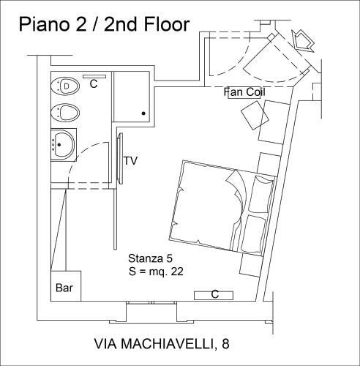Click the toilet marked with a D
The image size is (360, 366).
(65, 86)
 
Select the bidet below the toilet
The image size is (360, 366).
(65, 113)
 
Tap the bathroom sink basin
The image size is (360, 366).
(63, 144)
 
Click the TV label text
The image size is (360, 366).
(131, 161)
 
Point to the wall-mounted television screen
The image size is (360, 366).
(120, 158)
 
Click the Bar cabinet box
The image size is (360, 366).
(66, 286)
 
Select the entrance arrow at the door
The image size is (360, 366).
(303, 41)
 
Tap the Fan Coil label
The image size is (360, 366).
(244, 92)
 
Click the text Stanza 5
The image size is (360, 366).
(150, 258)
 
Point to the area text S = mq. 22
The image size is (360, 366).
(156, 272)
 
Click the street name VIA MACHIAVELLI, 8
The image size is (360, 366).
(162, 344)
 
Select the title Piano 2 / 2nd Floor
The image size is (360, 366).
(104, 24)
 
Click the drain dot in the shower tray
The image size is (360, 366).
(143, 113)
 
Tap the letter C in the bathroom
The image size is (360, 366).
(94, 83)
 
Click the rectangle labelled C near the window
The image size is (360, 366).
(214, 295)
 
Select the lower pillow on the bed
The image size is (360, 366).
(254, 234)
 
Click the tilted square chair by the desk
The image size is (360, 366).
(255, 116)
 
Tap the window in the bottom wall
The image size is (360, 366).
(151, 303)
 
